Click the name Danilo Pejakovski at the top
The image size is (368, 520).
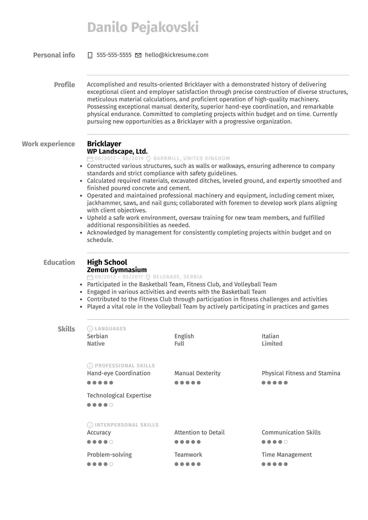(143, 27)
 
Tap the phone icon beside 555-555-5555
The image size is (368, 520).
(90, 55)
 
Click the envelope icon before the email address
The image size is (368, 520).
(138, 55)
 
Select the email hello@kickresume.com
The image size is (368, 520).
(176, 55)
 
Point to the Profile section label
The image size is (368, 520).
(64, 85)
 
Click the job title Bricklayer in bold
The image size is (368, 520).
(104, 144)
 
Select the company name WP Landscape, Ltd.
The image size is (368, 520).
(117, 151)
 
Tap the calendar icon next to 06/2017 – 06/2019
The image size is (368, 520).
(90, 159)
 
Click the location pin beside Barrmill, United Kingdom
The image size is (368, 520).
(148, 159)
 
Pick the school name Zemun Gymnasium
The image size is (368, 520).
(117, 270)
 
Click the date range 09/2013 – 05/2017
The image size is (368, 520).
(119, 277)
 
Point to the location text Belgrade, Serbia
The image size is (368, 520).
(177, 277)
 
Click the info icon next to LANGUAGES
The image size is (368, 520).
(90, 329)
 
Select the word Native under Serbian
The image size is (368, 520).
(96, 343)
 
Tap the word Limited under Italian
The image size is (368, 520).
(272, 343)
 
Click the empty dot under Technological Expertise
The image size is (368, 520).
(111, 405)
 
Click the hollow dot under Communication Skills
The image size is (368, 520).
(286, 442)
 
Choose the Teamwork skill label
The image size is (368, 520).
(188, 455)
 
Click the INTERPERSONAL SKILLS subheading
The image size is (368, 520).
(127, 425)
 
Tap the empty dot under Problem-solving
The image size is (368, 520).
(111, 464)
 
